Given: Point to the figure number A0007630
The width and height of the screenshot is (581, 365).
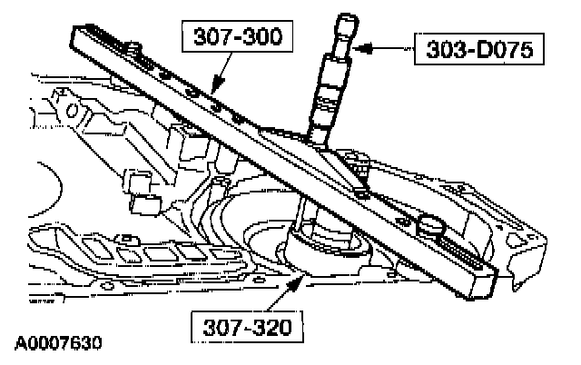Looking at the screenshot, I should coord(57,344).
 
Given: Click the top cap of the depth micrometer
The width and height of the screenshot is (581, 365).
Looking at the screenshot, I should coord(346,23).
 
